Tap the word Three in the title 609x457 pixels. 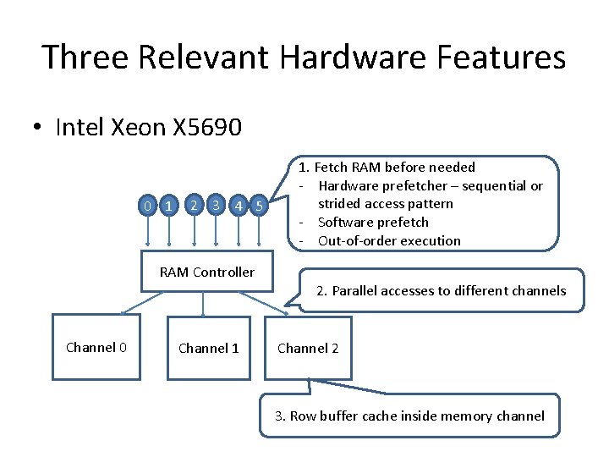pos(82,58)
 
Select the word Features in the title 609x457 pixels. pos(510,58)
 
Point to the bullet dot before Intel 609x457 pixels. pos(37,128)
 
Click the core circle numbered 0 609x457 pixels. pos(147,206)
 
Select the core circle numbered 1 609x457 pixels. pos(170,206)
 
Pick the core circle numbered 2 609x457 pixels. pos(195,204)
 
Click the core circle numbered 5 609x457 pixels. pos(260,206)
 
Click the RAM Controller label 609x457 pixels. pos(206,272)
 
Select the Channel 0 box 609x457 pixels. pos(96,347)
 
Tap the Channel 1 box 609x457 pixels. pos(208,347)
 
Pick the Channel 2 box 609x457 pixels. pos(308,347)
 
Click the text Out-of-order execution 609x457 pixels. pos(389,241)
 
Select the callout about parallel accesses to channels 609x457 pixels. pos(441,290)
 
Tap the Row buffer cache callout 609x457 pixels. pos(409,416)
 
